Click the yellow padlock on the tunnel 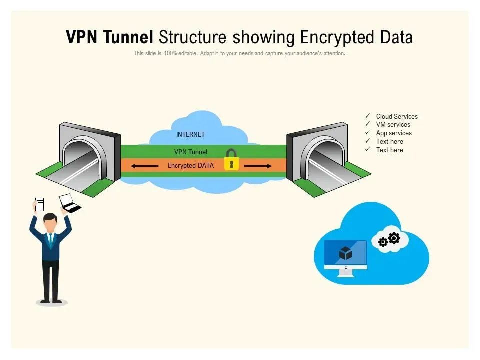tap(231, 160)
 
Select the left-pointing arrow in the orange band tap(144, 166)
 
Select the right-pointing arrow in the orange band tap(258, 166)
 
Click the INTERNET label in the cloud tap(190, 134)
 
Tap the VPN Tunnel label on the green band tap(190, 152)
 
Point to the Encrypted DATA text tap(191, 166)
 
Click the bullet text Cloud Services tap(397, 116)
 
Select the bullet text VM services tap(393, 125)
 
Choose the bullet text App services tap(394, 133)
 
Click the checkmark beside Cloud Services tap(368, 116)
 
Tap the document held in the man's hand tap(39, 204)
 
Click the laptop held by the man tap(69, 203)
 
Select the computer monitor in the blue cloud tap(345, 255)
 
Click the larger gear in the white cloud tap(394, 238)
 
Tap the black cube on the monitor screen tap(345, 253)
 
